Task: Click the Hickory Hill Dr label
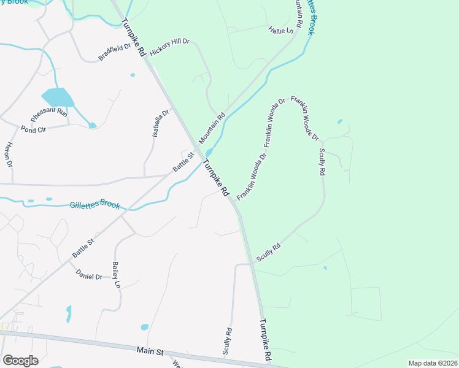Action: tap(170, 48)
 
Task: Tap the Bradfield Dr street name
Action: tap(115, 52)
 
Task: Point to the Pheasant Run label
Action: tap(49, 113)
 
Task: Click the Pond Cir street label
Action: tap(33, 129)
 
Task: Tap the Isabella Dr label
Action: tap(161, 123)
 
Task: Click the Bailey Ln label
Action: tap(115, 275)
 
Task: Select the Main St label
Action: tap(150, 352)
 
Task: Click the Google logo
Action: tap(20, 361)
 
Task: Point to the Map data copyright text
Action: tap(433, 363)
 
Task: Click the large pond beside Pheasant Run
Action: tap(57, 98)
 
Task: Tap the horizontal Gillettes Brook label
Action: tap(94, 205)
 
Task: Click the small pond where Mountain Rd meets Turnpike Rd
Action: tap(209, 152)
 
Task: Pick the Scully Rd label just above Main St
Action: tap(228, 341)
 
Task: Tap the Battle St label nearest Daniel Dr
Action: tap(83, 247)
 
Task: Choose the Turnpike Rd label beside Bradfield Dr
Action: tap(133, 39)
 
